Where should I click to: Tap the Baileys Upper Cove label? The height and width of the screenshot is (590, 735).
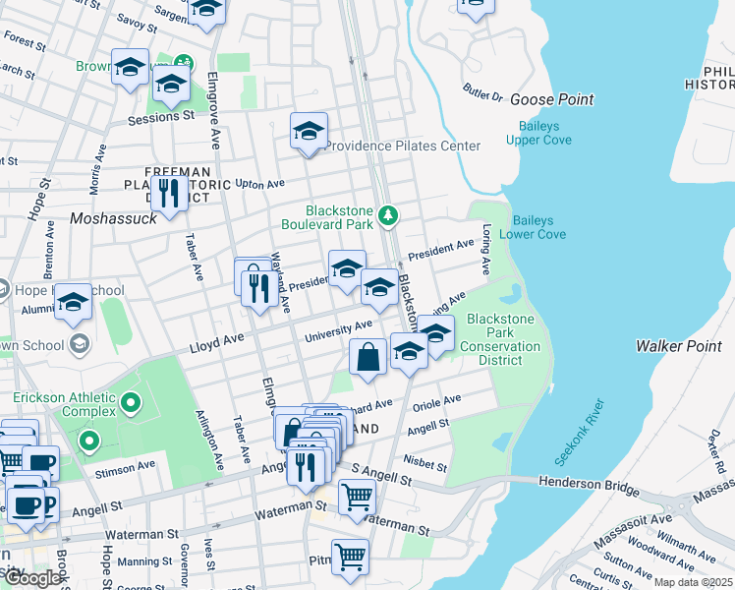pyautogui.click(x=538, y=133)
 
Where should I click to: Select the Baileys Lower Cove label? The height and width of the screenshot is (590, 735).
pyautogui.click(x=533, y=227)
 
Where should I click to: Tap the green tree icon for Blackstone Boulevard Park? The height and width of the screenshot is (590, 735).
pyautogui.click(x=389, y=214)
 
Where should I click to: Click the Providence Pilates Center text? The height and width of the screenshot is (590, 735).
pyautogui.click(x=403, y=146)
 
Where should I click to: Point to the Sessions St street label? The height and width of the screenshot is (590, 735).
pyautogui.click(x=161, y=116)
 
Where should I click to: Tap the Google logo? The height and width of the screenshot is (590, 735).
pyautogui.click(x=32, y=578)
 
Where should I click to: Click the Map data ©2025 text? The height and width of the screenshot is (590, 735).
pyautogui.click(x=693, y=582)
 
